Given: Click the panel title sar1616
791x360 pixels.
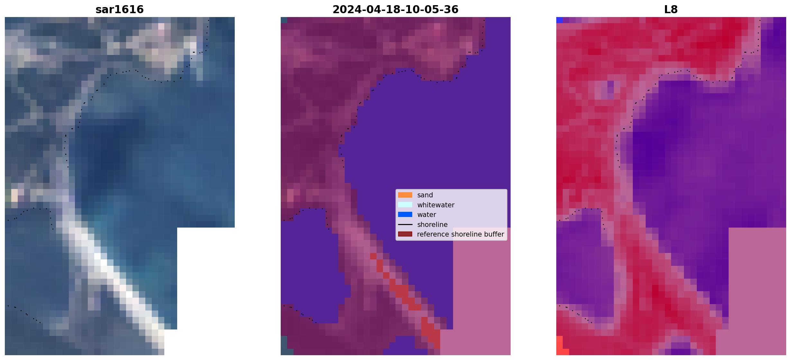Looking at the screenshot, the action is (120, 9).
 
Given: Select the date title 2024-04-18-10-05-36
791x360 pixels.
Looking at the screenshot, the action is (395, 9).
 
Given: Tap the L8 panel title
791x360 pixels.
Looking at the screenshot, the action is (671, 9).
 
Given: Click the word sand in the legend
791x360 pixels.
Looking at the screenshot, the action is (425, 195).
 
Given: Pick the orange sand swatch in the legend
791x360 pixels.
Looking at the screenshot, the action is (405, 195).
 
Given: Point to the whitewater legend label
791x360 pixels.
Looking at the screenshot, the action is (436, 205).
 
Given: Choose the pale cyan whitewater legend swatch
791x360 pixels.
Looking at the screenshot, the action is (405, 205).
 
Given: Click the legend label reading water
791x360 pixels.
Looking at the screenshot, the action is (427, 215).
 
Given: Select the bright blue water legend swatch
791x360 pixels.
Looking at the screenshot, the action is (405, 214).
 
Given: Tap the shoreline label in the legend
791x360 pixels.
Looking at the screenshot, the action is (432, 224).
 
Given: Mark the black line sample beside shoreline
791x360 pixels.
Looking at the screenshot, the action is (405, 224).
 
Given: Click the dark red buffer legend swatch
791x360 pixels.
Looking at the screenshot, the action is (405, 234).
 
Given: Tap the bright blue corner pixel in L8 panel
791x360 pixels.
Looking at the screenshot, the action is (559, 20).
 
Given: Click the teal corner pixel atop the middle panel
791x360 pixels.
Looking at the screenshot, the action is (284, 20).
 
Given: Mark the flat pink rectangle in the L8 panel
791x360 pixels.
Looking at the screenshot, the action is (757, 283).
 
